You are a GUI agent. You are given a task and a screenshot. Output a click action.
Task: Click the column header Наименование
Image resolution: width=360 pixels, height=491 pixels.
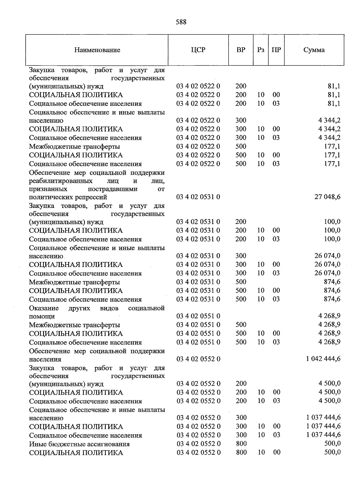(x=97, y=50)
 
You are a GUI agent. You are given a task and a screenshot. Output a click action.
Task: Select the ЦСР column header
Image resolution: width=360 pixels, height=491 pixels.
(x=198, y=50)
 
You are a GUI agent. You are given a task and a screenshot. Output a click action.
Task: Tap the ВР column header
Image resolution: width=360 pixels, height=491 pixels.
(x=241, y=50)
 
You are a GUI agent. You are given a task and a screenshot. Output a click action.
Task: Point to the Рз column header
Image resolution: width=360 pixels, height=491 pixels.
(x=261, y=50)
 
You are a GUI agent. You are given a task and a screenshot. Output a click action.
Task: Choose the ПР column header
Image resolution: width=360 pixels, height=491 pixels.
(x=276, y=50)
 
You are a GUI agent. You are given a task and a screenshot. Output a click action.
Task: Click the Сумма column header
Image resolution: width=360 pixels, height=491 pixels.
(x=314, y=50)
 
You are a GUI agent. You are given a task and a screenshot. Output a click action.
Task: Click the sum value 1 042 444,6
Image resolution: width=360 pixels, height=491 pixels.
(x=323, y=359)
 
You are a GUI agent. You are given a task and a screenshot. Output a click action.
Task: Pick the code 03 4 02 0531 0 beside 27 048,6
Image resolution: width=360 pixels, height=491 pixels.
(x=198, y=197)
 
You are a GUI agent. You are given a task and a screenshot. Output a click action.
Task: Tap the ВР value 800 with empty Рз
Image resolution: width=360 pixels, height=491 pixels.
(x=241, y=444)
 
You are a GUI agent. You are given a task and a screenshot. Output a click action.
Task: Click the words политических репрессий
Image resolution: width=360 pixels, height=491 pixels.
(x=68, y=197)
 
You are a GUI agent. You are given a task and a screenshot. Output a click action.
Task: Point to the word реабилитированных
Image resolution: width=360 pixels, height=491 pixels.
(x=61, y=181)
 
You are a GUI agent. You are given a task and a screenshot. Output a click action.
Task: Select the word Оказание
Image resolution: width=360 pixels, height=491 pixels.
(x=44, y=308)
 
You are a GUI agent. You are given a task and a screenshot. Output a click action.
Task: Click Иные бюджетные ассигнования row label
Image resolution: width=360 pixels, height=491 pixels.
(x=79, y=444)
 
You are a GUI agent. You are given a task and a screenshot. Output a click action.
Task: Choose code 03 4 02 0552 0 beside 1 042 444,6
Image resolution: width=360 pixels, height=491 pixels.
(x=198, y=359)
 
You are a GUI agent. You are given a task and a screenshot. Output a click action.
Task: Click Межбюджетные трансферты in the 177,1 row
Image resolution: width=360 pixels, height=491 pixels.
(x=74, y=147)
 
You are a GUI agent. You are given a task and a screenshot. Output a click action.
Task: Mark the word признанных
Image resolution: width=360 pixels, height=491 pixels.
(x=48, y=189)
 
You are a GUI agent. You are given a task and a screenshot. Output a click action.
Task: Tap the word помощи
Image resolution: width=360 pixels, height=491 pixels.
(x=42, y=316)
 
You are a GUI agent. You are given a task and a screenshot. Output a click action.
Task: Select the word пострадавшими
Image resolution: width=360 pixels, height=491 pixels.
(x=112, y=189)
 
